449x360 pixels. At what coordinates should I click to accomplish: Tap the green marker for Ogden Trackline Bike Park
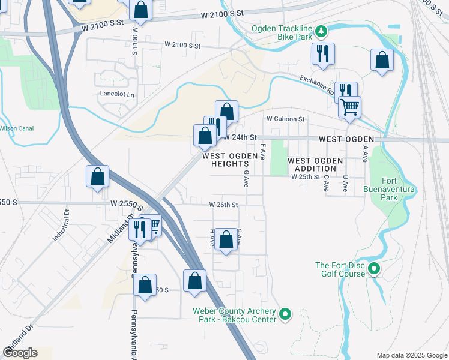coord(321,30)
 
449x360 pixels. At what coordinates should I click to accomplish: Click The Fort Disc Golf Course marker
coord(374,269)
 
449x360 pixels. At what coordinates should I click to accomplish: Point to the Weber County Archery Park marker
coord(286,314)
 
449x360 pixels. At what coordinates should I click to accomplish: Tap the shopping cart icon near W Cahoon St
coord(349,108)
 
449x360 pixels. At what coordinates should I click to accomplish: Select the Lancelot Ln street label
coord(117,94)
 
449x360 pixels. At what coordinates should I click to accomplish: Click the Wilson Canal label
coord(16,128)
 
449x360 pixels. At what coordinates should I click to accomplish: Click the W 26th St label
coord(224,205)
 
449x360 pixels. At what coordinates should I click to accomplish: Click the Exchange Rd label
coord(317,85)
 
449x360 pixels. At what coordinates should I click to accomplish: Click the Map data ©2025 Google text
coord(411,355)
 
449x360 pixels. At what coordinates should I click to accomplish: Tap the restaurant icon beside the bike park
coord(322,54)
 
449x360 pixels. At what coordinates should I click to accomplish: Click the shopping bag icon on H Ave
coord(226,240)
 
